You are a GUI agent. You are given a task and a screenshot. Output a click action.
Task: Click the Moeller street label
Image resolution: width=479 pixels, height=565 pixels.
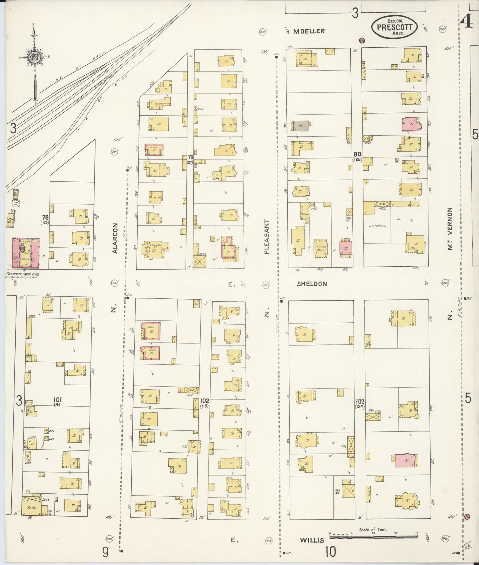(x=309, y=31)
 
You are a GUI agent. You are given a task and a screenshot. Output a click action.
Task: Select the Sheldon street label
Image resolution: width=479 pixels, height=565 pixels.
(x=312, y=284)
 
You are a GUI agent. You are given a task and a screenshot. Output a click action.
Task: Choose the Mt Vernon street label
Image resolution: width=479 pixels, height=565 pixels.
(x=450, y=229)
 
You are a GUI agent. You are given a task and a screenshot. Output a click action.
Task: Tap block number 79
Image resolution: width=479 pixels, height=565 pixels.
(x=190, y=157)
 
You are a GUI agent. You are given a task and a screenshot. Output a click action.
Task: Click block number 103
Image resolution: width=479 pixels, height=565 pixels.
(x=360, y=402)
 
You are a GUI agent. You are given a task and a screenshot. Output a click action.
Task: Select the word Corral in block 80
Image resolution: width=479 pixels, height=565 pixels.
(x=378, y=225)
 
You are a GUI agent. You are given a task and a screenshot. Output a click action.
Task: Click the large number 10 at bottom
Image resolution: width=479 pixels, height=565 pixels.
(x=330, y=552)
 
